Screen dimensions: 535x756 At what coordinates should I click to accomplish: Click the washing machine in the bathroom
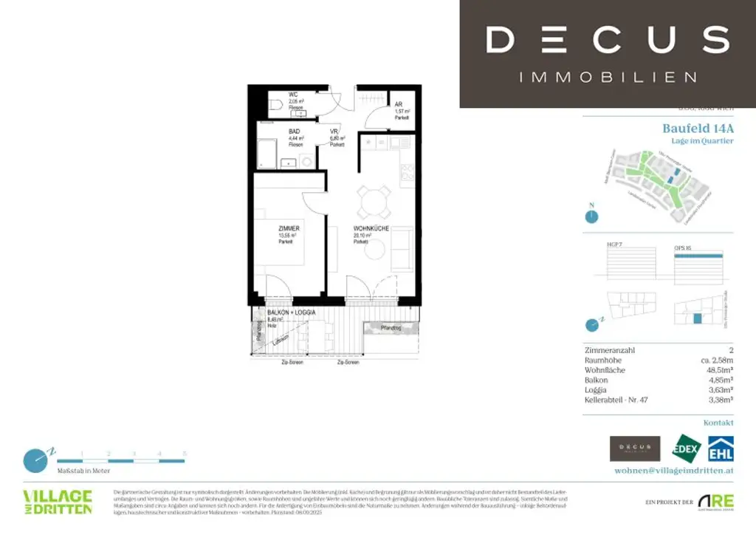(x=306, y=160)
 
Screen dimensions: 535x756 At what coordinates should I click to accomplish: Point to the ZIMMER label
(x=289, y=229)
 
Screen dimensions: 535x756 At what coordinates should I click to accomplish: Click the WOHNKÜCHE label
(x=371, y=229)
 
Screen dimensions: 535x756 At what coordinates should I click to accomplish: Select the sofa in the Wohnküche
(x=402, y=249)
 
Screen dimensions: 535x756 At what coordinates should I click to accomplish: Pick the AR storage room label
(x=399, y=105)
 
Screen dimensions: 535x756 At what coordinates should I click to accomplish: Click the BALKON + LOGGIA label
(x=291, y=313)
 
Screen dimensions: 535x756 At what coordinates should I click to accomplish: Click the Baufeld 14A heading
(x=698, y=128)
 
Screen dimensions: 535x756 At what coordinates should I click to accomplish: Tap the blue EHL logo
(x=721, y=449)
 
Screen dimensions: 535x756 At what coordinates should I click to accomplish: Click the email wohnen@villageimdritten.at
(x=674, y=471)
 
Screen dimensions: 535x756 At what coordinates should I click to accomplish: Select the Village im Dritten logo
(x=57, y=501)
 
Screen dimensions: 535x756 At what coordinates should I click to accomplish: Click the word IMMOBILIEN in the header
(x=608, y=77)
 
